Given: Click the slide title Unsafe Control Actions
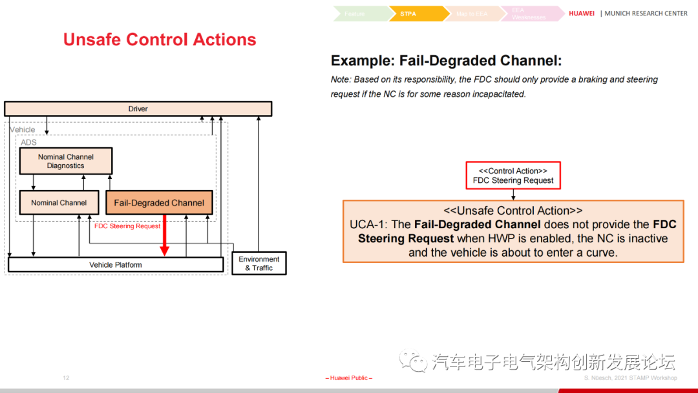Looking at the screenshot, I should tap(160, 39).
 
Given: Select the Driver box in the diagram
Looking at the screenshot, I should tap(138, 109).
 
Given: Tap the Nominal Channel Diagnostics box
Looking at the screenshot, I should tap(65, 161).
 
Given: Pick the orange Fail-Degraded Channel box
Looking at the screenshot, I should tap(159, 203).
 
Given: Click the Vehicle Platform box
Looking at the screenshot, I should tap(115, 264).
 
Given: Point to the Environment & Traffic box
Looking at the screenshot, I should tap(259, 263).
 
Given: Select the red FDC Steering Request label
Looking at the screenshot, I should tap(127, 226).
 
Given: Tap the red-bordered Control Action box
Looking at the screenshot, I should tap(513, 176).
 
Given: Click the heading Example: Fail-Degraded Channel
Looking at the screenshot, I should tap(446, 61).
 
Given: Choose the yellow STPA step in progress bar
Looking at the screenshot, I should tap(410, 14).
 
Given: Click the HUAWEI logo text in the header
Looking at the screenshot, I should tap(582, 14).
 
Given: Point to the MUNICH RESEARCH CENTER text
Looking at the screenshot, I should tap(646, 14).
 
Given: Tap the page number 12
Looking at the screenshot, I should tap(66, 377).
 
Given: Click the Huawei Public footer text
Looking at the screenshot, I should tap(349, 378).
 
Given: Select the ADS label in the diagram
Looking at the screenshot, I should tap(28, 142).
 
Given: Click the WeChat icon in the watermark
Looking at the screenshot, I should tap(412, 361).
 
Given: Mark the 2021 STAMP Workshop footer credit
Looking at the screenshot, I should tap(631, 378).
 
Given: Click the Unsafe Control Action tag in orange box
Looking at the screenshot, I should tap(513, 211).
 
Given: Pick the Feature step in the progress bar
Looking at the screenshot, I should tap(355, 14).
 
